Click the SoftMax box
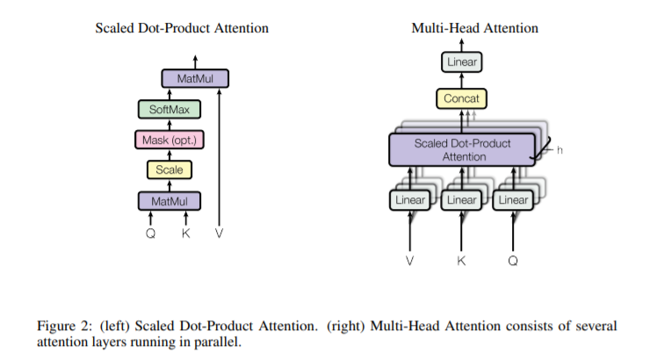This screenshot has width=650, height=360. click(x=170, y=110)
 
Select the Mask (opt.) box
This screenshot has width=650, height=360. click(x=170, y=140)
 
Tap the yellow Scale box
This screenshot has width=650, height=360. click(x=170, y=170)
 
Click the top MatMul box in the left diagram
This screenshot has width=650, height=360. click(x=195, y=79)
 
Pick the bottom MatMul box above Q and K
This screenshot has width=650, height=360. click(x=170, y=202)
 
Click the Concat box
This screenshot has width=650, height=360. click(x=461, y=99)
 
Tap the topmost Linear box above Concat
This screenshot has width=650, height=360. click(x=461, y=62)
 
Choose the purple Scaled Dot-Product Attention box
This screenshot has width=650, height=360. click(x=461, y=149)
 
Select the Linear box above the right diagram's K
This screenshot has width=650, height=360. click(x=461, y=200)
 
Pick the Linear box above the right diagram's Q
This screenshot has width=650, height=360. click(x=513, y=200)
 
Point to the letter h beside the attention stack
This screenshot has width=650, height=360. click(x=560, y=151)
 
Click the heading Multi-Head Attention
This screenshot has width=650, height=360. click(x=474, y=29)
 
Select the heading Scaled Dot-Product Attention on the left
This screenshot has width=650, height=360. click(x=182, y=29)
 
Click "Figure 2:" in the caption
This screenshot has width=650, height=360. click(x=69, y=326)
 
